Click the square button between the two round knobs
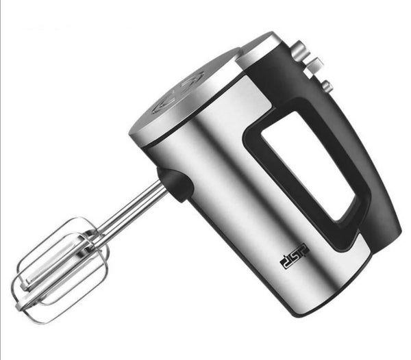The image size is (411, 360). click(314, 66)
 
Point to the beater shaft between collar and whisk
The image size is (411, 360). click(131, 209)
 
